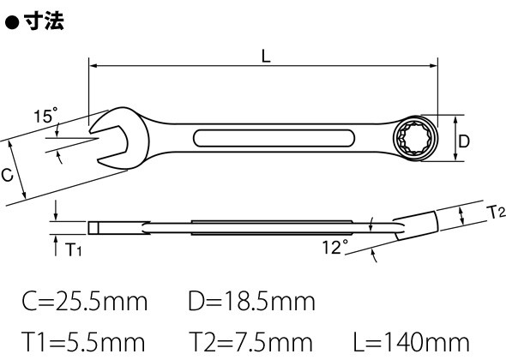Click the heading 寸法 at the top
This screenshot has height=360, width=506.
[x=44, y=21]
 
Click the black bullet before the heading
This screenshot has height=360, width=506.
[x=13, y=22]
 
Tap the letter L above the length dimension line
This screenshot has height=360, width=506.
[x=266, y=56]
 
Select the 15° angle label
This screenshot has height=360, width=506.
[x=45, y=116]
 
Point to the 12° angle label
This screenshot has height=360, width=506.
[x=335, y=247]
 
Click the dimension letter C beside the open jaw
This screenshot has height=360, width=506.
[x=7, y=175]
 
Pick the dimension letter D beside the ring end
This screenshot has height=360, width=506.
[x=464, y=141]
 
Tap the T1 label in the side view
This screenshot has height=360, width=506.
[x=73, y=249]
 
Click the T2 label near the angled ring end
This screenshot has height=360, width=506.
[x=496, y=212]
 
